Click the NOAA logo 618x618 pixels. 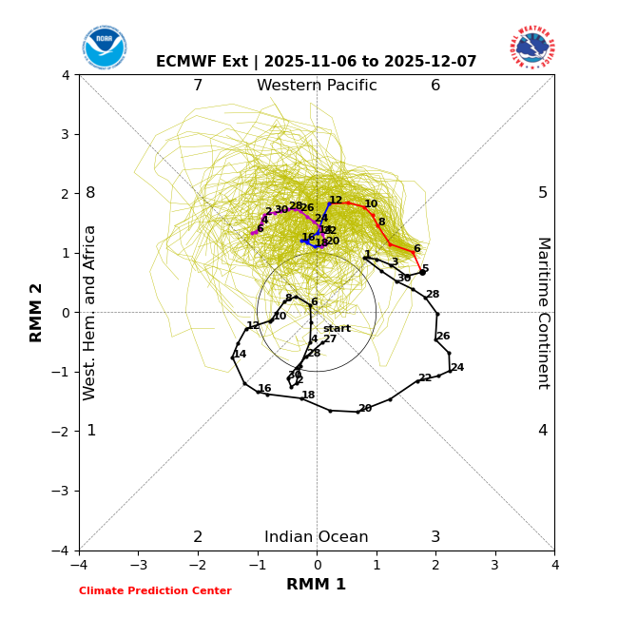coord(104,47)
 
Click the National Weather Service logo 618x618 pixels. coord(531,47)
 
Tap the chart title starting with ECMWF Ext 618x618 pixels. coord(317,62)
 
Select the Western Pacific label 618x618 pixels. coord(317,86)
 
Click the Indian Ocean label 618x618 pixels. coord(317,537)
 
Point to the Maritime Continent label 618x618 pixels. coord(543,313)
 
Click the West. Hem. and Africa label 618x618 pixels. coord(90,313)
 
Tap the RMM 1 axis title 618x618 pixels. coord(317,585)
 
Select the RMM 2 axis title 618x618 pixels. coord(37,313)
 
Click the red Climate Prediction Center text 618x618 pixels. coord(155,591)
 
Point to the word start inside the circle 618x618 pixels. coord(337,329)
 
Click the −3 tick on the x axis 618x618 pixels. coord(139,565)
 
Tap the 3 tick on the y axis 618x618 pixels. coord(66,134)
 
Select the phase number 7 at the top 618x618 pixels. coord(198,86)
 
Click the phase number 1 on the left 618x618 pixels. coord(91,431)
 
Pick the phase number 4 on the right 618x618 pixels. coord(543,431)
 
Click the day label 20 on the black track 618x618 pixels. coord(365,409)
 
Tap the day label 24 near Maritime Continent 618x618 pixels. coord(457,368)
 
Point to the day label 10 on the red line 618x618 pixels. coord(371,204)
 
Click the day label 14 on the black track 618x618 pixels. coord(240,355)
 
